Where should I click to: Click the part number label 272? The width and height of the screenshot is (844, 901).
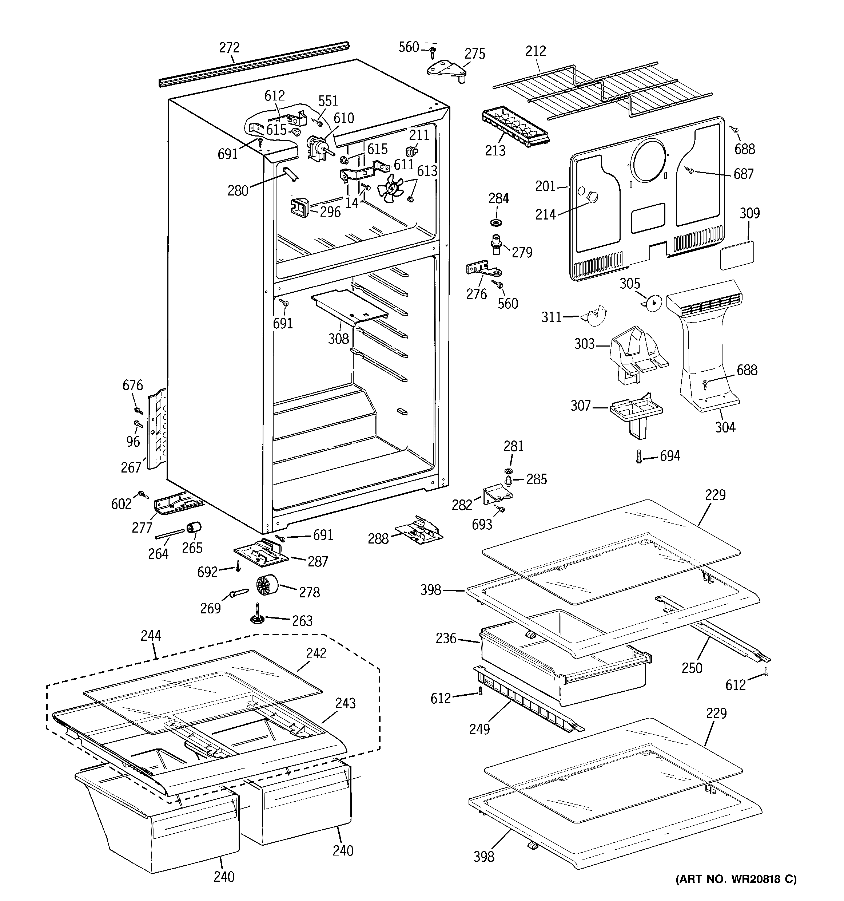(x=229, y=48)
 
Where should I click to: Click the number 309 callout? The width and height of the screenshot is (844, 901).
(x=749, y=213)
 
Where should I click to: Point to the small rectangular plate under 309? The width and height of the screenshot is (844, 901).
(x=737, y=256)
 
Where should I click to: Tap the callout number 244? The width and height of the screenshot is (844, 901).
(x=151, y=636)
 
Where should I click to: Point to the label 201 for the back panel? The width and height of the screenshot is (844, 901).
(x=545, y=186)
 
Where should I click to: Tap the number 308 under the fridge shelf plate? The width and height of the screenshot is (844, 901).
(x=338, y=339)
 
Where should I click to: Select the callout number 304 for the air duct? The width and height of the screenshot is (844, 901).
(x=725, y=427)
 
